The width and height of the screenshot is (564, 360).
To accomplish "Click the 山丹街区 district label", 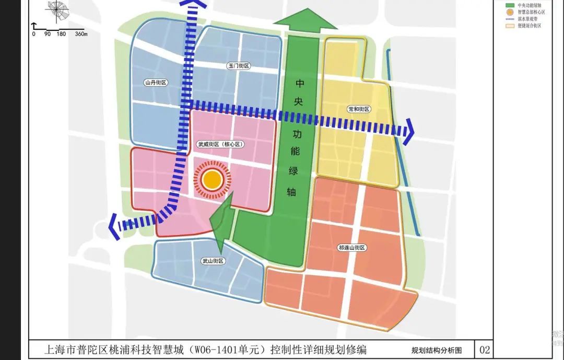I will click(156, 83).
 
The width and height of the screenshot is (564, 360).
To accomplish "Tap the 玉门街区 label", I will click(239, 66).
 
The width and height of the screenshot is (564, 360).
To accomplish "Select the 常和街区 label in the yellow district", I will click(358, 109).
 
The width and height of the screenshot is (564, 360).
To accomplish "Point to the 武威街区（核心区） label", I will click(221, 144).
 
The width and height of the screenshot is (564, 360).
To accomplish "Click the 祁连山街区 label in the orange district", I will click(352, 248).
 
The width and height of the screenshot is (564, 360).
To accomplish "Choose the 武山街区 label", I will click(213, 261).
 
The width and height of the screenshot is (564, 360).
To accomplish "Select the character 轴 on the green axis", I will click(292, 192).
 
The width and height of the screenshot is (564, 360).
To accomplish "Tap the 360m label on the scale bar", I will click(81, 34).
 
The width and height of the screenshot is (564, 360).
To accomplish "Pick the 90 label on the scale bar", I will click(47, 34).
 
